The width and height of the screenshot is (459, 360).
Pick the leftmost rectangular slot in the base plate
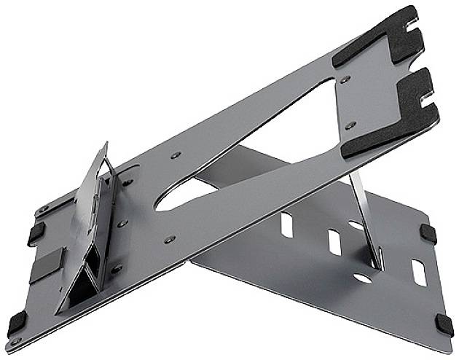click(x=287, y=224)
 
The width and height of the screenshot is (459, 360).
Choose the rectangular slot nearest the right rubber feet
click(x=418, y=271)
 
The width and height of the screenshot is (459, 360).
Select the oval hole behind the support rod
click(x=357, y=226)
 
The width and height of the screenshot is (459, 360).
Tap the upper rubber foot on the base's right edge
click(x=428, y=233)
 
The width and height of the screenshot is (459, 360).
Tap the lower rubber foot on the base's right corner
click(x=444, y=326)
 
